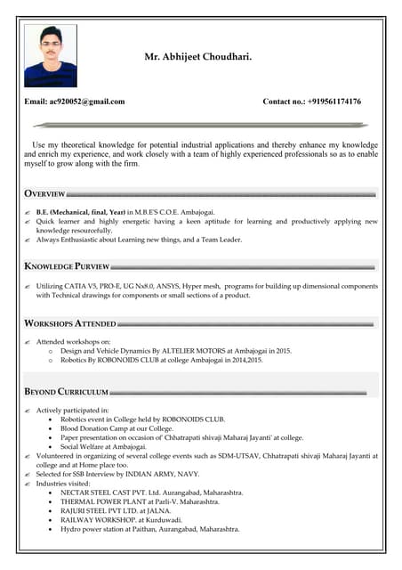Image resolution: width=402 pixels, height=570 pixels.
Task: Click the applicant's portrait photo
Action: point(51,55)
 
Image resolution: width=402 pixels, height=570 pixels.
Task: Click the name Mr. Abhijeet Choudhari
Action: point(197,57)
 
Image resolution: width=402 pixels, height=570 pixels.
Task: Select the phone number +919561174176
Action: point(334,102)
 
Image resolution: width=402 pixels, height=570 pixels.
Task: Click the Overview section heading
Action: point(44,193)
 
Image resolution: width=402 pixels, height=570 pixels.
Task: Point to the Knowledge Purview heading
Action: point(67,266)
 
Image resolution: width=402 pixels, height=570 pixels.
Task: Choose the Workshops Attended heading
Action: point(70,323)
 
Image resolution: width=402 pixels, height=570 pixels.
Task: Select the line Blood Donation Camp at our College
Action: point(117,427)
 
